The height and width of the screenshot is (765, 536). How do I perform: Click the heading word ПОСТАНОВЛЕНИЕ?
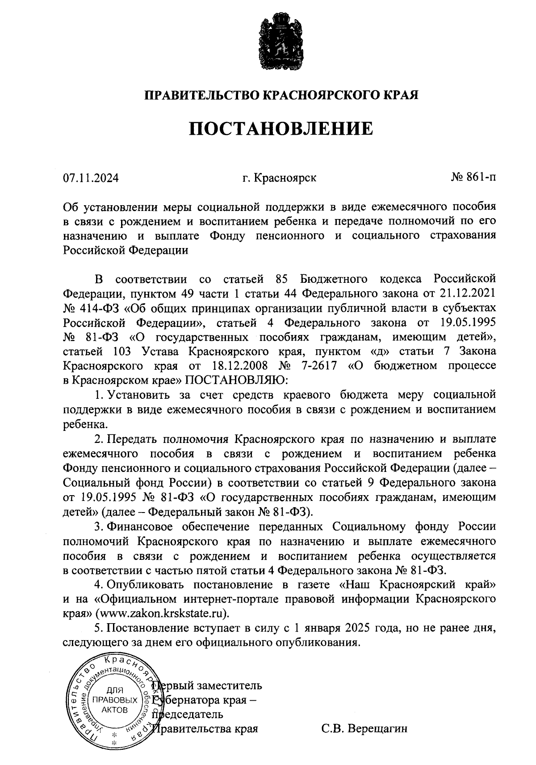280,128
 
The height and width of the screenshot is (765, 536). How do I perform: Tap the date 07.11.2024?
91,178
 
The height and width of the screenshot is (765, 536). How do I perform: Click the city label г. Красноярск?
279,178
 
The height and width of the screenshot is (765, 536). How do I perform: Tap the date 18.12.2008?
238,366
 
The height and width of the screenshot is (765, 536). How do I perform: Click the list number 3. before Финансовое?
99,526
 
